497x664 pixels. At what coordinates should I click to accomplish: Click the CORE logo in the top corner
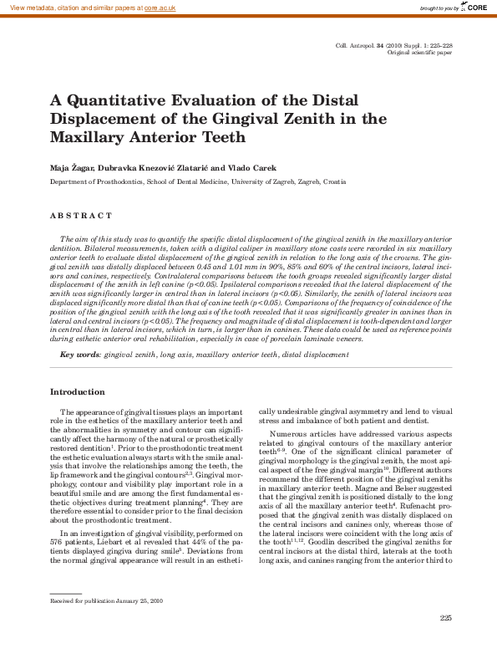coord(475,8)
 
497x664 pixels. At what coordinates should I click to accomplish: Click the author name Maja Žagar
coord(70,167)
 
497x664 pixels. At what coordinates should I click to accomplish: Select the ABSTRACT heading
coord(81,216)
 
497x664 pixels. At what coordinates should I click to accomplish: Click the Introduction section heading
coord(78,392)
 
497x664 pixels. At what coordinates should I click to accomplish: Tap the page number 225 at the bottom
coord(445,618)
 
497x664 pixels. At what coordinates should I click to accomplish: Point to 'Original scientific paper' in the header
coord(420,52)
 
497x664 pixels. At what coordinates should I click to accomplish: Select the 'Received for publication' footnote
coord(107,600)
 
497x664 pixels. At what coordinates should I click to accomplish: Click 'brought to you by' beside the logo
coord(439,8)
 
